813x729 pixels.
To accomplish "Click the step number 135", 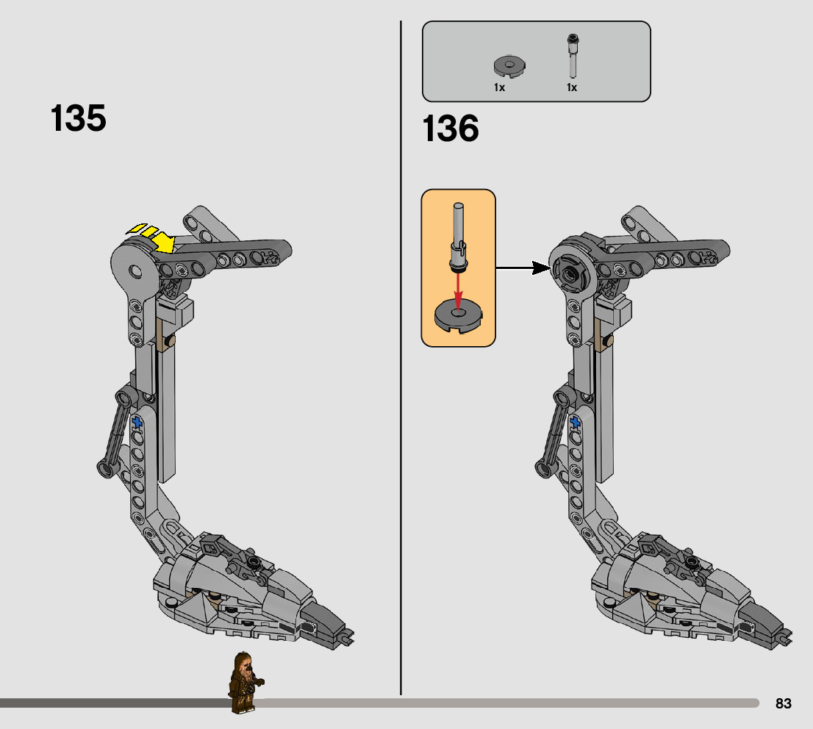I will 79,118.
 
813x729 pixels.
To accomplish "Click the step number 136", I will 451,129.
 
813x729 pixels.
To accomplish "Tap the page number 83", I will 784,704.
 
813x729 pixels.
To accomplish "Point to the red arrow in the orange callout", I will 457,290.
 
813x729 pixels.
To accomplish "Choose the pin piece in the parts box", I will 572,55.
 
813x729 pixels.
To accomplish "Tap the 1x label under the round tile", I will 499,87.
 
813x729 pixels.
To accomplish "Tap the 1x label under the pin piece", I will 571,87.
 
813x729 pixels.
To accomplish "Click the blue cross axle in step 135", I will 137,423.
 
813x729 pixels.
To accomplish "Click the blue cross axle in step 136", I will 575,423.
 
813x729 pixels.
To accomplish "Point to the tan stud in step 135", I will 170,341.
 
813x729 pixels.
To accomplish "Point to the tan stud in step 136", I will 608,341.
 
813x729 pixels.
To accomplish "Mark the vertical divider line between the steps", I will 401,367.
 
